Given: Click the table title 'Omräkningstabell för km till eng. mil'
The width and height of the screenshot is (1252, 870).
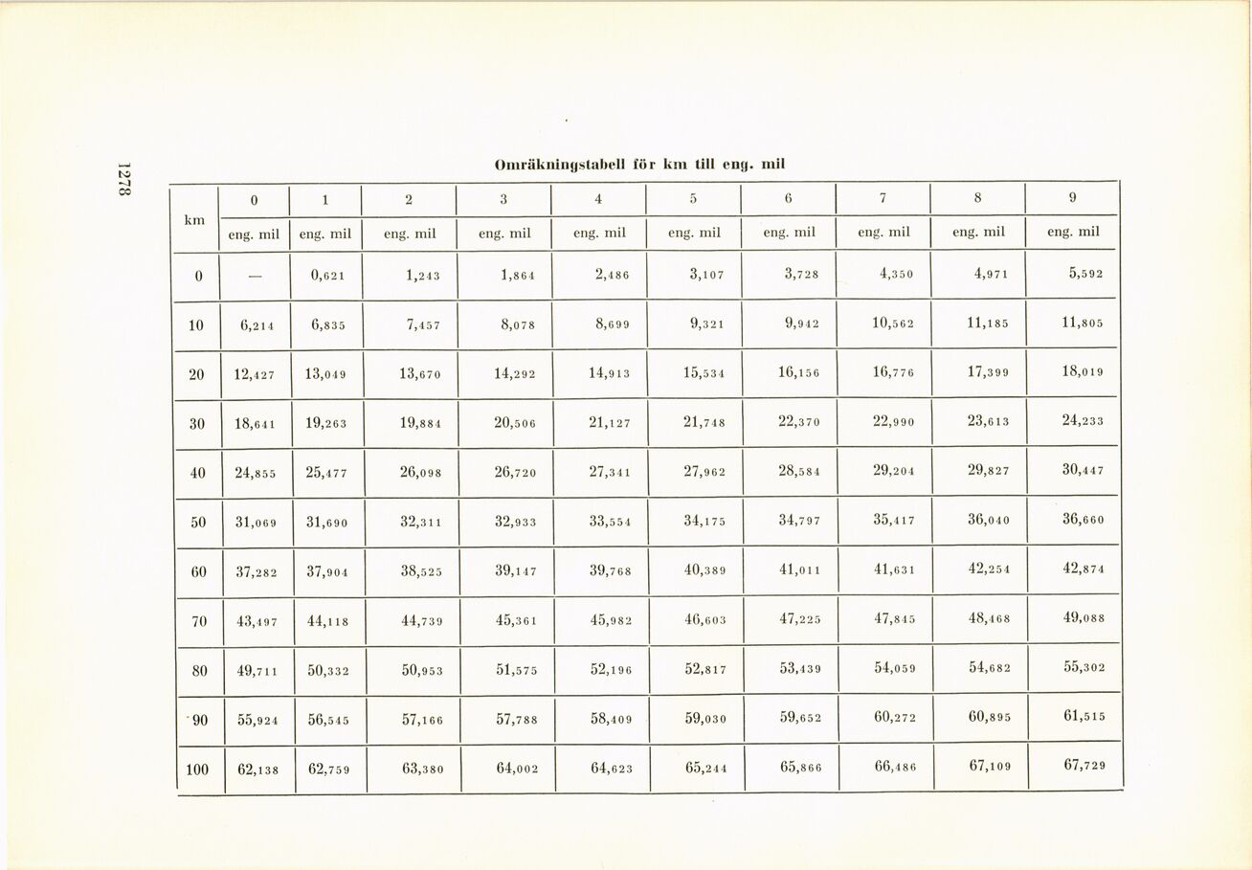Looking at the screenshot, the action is pyautogui.click(x=639, y=164).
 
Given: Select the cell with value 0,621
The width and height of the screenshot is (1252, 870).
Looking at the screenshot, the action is pyautogui.click(x=327, y=275).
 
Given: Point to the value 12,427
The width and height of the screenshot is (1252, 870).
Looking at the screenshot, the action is pyautogui.click(x=254, y=374).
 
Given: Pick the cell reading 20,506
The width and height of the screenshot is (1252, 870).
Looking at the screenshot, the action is pyautogui.click(x=515, y=423).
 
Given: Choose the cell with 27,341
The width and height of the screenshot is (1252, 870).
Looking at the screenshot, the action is pyautogui.click(x=610, y=472).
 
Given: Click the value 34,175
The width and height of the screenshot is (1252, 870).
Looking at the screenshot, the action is pyautogui.click(x=704, y=521).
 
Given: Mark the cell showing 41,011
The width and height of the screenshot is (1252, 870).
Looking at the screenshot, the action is pyautogui.click(x=798, y=570).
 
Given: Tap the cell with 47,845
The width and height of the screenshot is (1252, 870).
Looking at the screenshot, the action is pyautogui.click(x=894, y=618).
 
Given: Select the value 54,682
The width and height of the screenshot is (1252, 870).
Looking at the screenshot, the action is pyautogui.click(x=989, y=667).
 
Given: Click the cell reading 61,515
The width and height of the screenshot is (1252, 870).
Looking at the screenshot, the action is pyautogui.click(x=1083, y=717).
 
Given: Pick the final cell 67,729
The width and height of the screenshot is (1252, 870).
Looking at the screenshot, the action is pyautogui.click(x=1084, y=766).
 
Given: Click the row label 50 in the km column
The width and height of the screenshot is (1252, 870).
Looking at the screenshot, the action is pyautogui.click(x=198, y=523).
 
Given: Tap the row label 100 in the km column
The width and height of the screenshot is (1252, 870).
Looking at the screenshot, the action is pyautogui.click(x=197, y=767).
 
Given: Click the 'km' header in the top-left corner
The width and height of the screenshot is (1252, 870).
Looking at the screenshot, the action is pyautogui.click(x=195, y=219).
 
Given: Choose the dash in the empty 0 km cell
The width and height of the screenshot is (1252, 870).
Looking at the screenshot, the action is pyautogui.click(x=255, y=276).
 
